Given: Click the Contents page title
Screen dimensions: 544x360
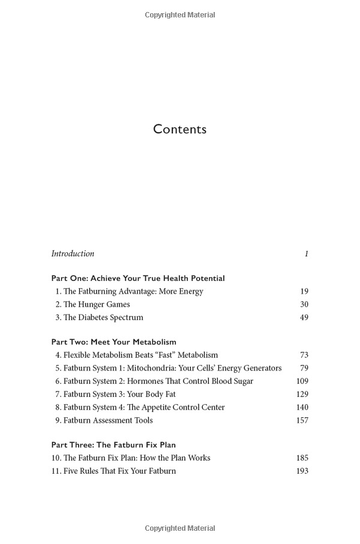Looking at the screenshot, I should pos(179,129).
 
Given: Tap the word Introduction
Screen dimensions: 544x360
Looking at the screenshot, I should pos(73,253).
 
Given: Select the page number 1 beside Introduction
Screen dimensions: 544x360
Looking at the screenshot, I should pos(306,253).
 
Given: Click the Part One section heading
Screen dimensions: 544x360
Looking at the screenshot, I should pos(138,278).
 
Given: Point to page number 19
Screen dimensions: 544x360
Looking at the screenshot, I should pos(304,291).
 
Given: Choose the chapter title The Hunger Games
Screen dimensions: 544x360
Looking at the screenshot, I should pos(97,304).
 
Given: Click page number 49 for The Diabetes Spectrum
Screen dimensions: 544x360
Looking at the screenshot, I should pos(304,317).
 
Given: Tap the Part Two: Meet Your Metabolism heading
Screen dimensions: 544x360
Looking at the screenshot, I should pos(114,342).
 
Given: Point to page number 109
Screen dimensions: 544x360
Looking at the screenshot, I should pos(302,381).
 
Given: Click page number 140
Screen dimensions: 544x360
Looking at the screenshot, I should pos(302,407).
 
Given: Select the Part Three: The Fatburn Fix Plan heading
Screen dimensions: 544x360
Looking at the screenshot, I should pos(113,445).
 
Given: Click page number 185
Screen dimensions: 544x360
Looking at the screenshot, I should pos(302,458).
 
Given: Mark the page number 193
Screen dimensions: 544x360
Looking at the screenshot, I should pos(302,471).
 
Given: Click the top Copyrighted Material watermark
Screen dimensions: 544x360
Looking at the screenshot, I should pos(180,15).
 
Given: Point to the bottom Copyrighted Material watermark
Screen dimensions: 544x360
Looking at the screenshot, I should pos(180,528).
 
